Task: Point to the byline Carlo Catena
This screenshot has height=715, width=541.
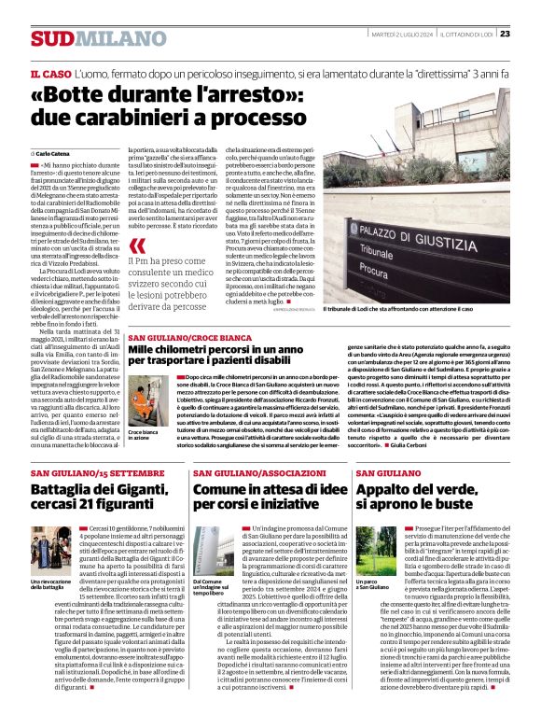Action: coord(54,151)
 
